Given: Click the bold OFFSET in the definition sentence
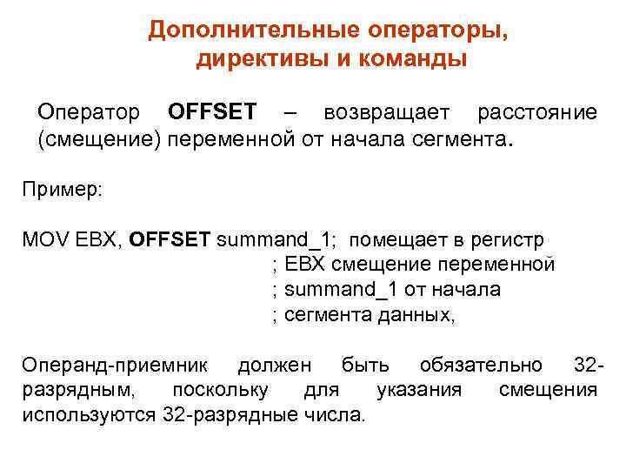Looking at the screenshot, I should (212, 112).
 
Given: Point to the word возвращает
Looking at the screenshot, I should (386, 112).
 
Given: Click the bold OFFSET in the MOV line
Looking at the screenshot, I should (170, 239).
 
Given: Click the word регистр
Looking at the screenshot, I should (510, 239).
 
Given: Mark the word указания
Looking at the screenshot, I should (419, 389).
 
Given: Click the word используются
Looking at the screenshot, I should (90, 414).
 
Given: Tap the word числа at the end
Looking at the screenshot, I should (336, 414).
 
